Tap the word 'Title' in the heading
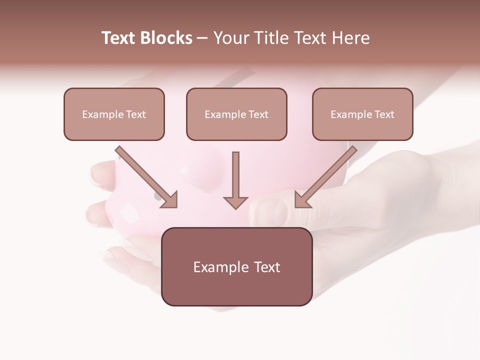[272, 38]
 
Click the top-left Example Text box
[114, 114]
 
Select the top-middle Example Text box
[236, 114]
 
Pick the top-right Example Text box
[362, 114]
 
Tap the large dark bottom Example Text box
[236, 266]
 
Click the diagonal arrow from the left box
[147, 177]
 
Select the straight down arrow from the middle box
[235, 180]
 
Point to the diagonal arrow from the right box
[325, 177]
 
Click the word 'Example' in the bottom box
[217, 267]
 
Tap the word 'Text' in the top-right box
[384, 114]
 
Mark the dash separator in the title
[202, 38]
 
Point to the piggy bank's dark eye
[158, 196]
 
